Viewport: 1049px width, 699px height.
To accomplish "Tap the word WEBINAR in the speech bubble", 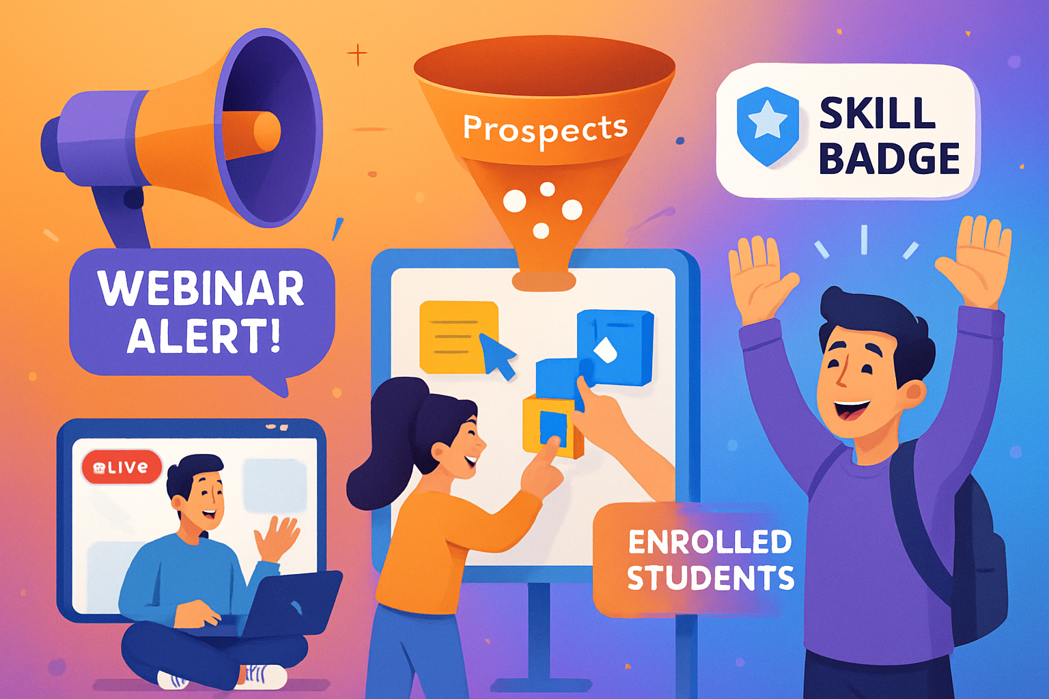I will pos(201,289).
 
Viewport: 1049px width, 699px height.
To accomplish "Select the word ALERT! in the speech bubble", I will pos(204,336).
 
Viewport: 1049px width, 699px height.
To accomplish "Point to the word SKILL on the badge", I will pos(877,113).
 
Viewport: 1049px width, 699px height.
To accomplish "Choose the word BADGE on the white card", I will pos(889,159).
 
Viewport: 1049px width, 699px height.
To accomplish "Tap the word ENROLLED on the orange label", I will pos(710,543).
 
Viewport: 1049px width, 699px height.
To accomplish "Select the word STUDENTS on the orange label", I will pos(710,578).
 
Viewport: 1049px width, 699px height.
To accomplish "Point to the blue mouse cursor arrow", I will pos(498,354).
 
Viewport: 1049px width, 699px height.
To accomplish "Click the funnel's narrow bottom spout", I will pos(544,280).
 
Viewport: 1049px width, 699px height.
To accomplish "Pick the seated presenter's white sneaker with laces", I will pos(263,676).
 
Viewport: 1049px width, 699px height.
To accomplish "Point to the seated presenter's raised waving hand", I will pos(278,537).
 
